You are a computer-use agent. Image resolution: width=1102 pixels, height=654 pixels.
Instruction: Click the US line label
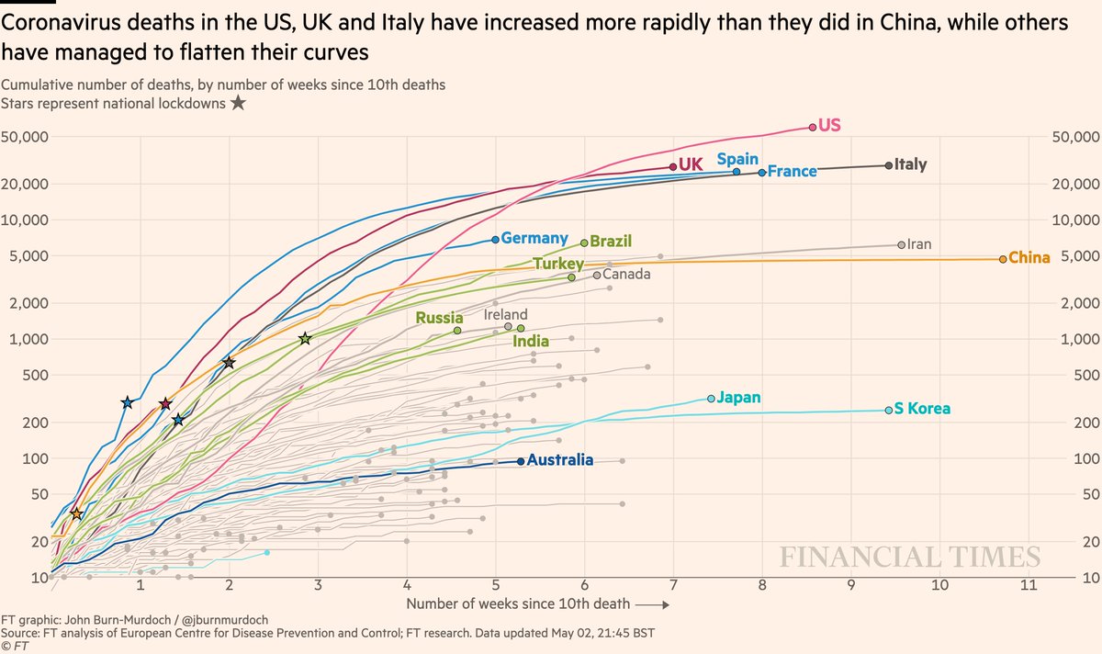tap(829, 125)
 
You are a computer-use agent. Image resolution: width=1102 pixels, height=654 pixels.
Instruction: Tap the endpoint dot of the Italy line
tap(888, 165)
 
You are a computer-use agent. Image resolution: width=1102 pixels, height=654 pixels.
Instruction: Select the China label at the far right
tap(1029, 258)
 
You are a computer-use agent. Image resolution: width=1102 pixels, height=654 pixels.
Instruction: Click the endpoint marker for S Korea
tap(888, 410)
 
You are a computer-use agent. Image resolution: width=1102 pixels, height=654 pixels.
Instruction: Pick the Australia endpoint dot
tap(521, 461)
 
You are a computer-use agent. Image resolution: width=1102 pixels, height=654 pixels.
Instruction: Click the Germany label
tap(534, 238)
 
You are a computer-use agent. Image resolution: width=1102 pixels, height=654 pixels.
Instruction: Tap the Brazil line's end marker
tap(584, 242)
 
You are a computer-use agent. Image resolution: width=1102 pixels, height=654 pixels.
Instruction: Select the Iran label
tap(919, 244)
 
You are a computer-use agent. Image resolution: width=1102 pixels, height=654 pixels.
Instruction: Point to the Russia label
tap(439, 319)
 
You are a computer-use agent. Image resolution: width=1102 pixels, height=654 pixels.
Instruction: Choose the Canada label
tap(626, 274)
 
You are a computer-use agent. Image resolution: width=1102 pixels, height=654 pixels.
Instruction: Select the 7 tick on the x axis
tap(673, 586)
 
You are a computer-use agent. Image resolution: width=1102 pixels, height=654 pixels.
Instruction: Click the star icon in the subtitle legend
tap(237, 103)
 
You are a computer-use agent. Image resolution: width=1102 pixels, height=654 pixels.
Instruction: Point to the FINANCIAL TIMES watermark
tap(910, 558)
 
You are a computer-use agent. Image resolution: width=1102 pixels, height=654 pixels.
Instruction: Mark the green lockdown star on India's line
tap(305, 339)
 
